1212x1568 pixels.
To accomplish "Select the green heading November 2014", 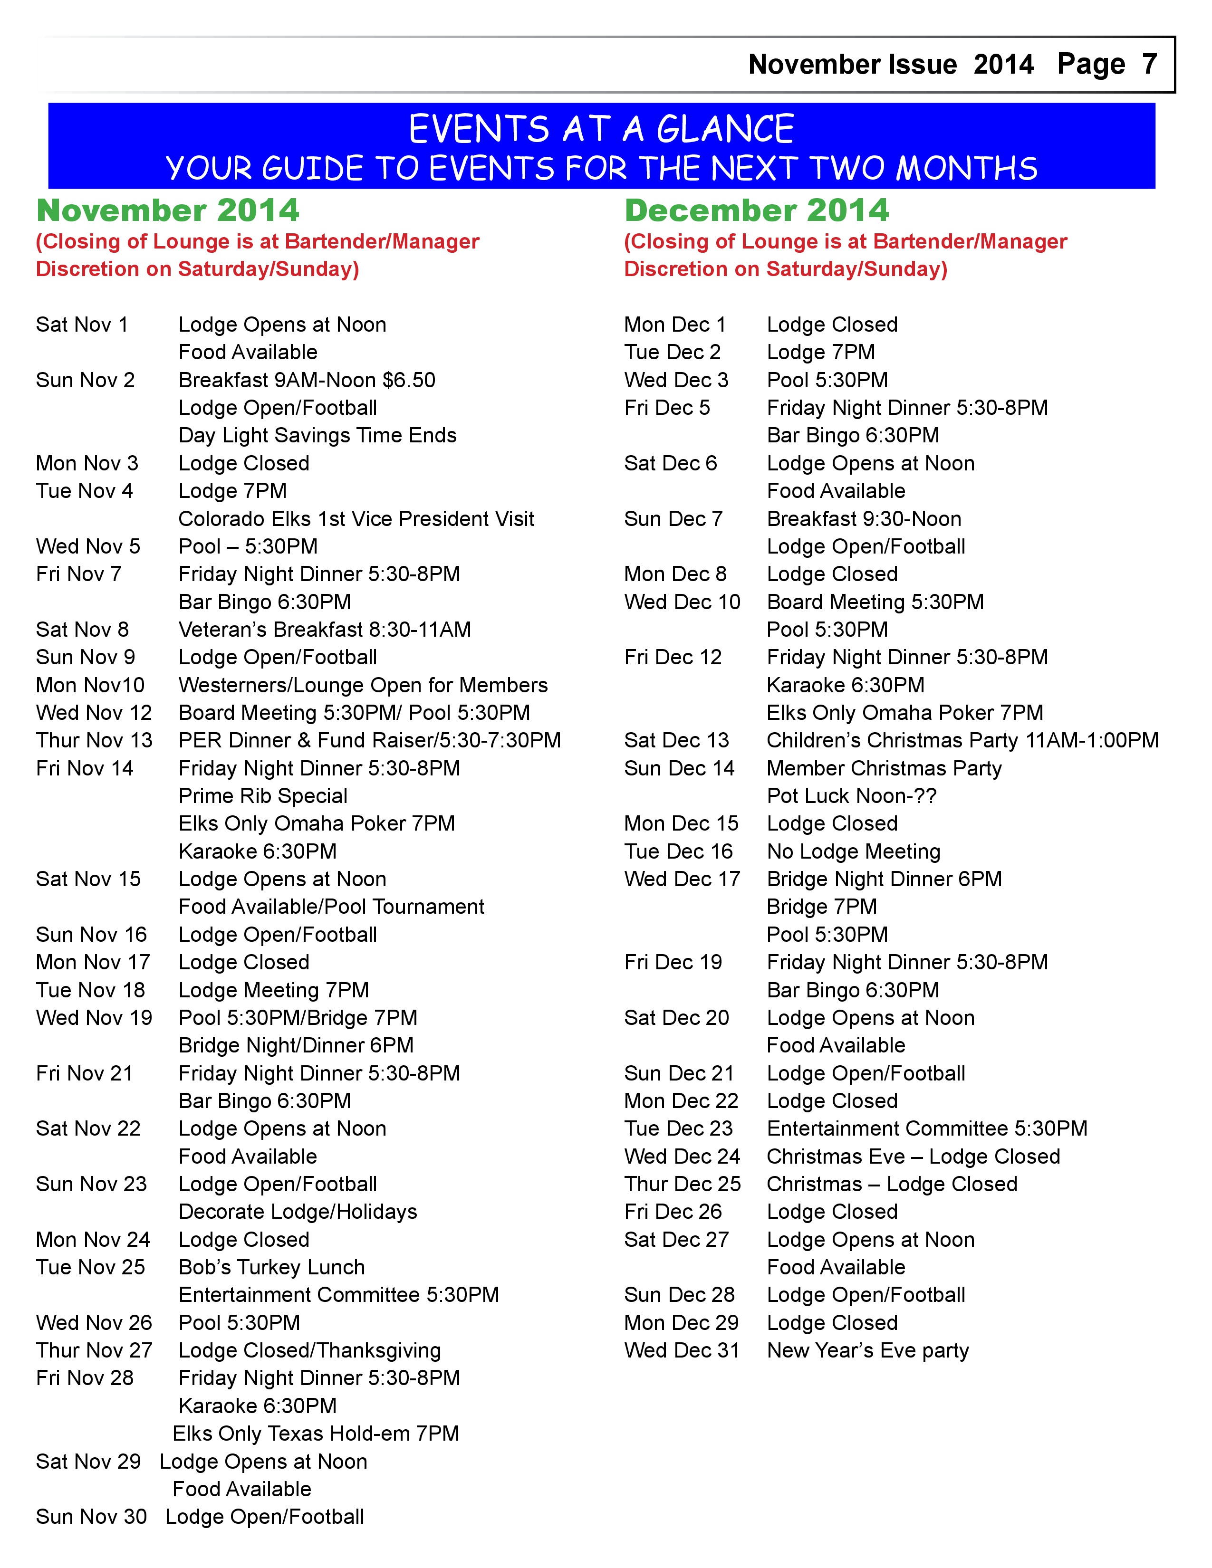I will pos(167,210).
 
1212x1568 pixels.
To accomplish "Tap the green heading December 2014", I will pos(756,210).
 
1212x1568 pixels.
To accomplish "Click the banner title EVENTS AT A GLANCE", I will pos(601,129).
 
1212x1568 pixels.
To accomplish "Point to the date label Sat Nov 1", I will pos(82,325).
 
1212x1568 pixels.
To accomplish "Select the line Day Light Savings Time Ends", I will pos(317,435).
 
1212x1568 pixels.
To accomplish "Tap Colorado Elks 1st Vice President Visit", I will pos(356,518).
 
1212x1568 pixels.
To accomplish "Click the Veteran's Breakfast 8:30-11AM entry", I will pos(325,630).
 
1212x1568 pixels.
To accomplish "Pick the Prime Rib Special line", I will pos(263,795).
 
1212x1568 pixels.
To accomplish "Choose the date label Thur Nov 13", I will pos(94,740).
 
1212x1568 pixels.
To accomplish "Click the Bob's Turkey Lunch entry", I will pos(271,1267).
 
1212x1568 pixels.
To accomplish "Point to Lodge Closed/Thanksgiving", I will pos(309,1350).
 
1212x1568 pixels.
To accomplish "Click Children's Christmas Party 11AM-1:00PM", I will pos(962,740).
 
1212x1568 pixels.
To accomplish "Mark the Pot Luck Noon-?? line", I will pos(852,795).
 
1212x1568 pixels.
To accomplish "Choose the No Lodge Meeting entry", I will pos(853,851).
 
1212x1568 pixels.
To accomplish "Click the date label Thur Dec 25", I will pos(682,1184).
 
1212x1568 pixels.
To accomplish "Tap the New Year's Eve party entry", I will pos(867,1350).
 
